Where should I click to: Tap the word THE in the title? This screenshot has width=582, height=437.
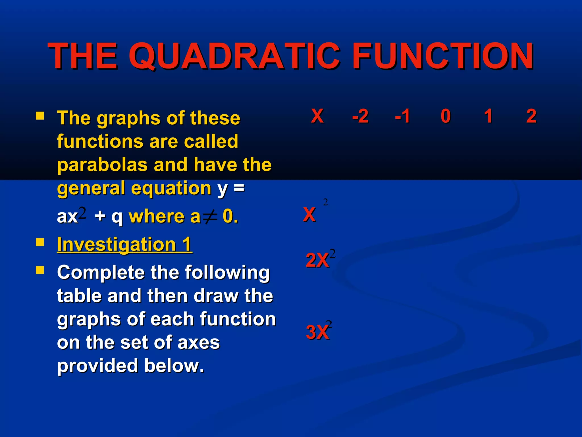pos(83,56)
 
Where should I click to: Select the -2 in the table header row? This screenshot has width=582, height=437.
pos(360,116)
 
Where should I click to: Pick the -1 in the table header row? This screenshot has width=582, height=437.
pos(402,116)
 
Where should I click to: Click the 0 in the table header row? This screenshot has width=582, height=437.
pos(446,116)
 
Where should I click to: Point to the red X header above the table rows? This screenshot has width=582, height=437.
pos(317,116)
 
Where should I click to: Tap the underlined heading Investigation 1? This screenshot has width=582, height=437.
pos(124,244)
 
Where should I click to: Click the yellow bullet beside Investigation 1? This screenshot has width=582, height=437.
pos(40,242)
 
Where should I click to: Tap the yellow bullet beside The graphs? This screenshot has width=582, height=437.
pos(40,116)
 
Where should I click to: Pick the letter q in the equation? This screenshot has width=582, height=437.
pos(117,217)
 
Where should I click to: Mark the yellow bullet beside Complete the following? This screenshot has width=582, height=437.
pos(40,270)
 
